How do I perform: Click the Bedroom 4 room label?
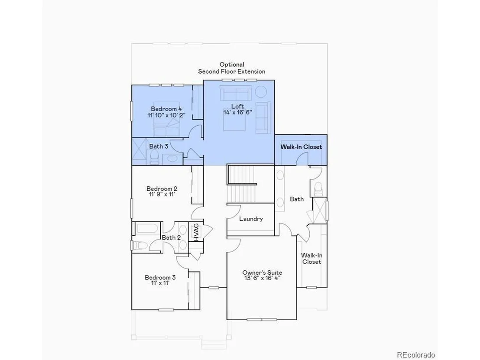pos(166,109)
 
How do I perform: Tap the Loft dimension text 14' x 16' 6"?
pos(237,112)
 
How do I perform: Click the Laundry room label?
pos(251,219)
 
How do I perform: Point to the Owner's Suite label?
pos(262,272)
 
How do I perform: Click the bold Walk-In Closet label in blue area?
pos(301,147)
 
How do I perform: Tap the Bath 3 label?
pos(159,146)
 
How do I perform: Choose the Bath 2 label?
pos(171,237)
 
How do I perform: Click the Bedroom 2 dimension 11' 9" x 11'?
pos(162,195)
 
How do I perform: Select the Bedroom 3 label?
pos(160,277)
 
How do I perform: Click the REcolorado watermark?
pos(416,355)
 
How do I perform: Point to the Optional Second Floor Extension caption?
pos(232,68)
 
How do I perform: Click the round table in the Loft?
pos(261,92)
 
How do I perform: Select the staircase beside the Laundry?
pos(242,184)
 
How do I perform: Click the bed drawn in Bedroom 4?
pos(166,119)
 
